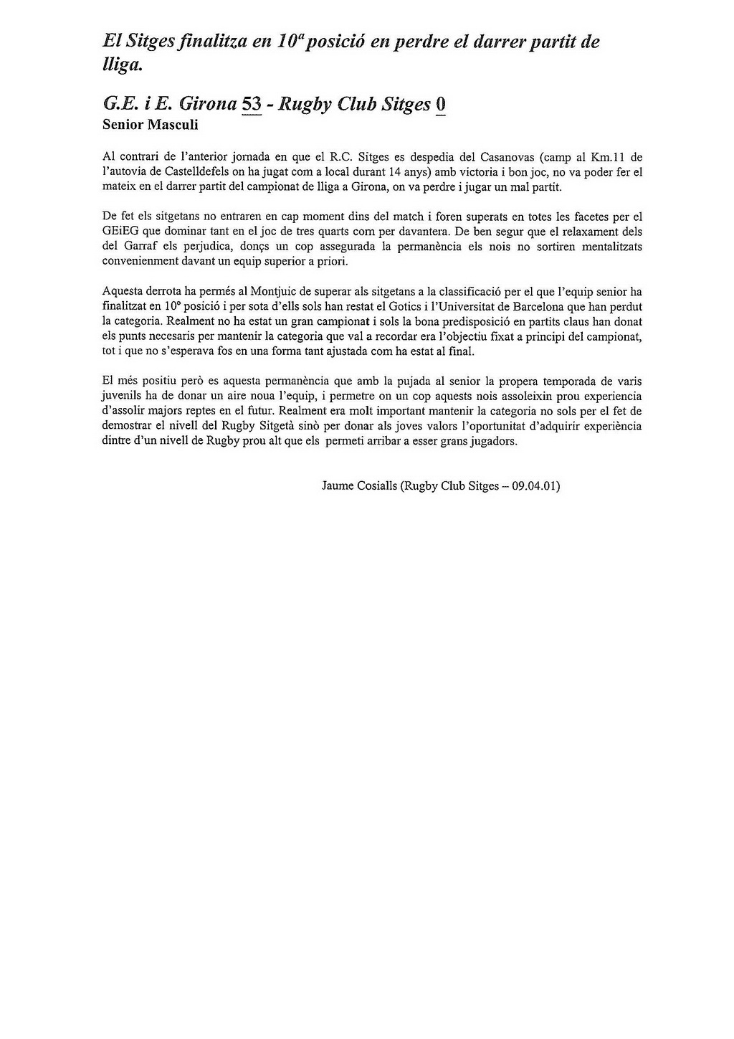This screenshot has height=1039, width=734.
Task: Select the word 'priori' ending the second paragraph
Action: [331, 262]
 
